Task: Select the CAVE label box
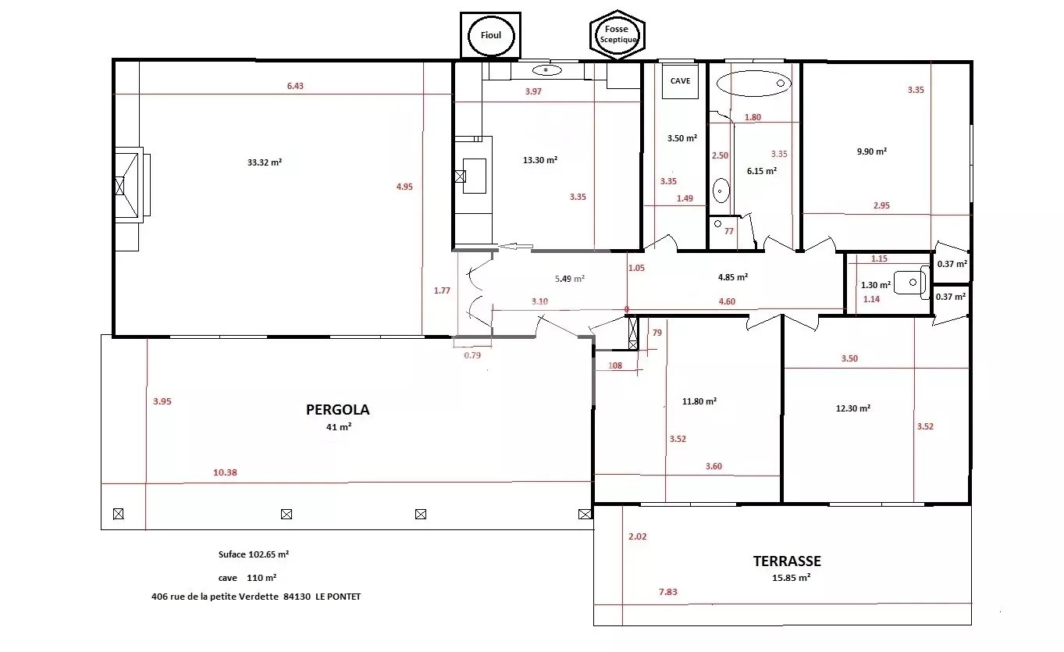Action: tap(680, 81)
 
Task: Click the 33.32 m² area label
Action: tap(265, 162)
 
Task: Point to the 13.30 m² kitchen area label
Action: tap(540, 160)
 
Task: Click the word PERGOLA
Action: tap(338, 410)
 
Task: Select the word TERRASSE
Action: tap(787, 561)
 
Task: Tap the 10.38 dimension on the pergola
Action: tap(225, 472)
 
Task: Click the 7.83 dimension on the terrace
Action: tap(668, 592)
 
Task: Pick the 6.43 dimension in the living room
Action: tap(295, 86)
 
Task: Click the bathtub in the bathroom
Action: tap(754, 84)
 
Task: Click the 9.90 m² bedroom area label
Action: tap(872, 151)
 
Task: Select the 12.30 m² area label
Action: tap(853, 408)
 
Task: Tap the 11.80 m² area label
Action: tap(699, 401)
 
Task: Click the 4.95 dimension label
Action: tap(404, 187)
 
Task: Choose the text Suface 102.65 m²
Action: tap(254, 554)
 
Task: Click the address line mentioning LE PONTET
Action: tap(256, 597)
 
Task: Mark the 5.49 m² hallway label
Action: tap(570, 279)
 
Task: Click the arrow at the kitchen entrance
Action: tap(515, 246)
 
